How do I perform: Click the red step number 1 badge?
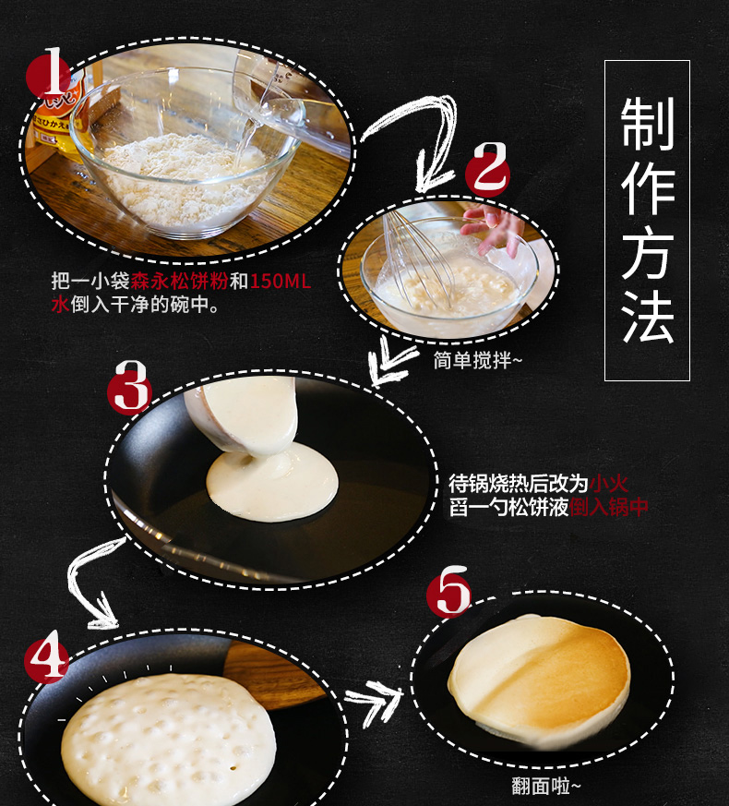[49, 76]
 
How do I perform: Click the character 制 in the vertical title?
[647, 124]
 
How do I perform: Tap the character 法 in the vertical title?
[647, 317]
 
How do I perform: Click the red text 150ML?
[280, 282]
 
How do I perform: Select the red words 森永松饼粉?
[179, 282]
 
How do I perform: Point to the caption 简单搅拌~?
[478, 360]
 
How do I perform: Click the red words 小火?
[609, 483]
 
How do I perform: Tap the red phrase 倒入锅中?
[609, 507]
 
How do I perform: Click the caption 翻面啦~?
[545, 786]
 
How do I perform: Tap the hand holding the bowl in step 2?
[493, 229]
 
